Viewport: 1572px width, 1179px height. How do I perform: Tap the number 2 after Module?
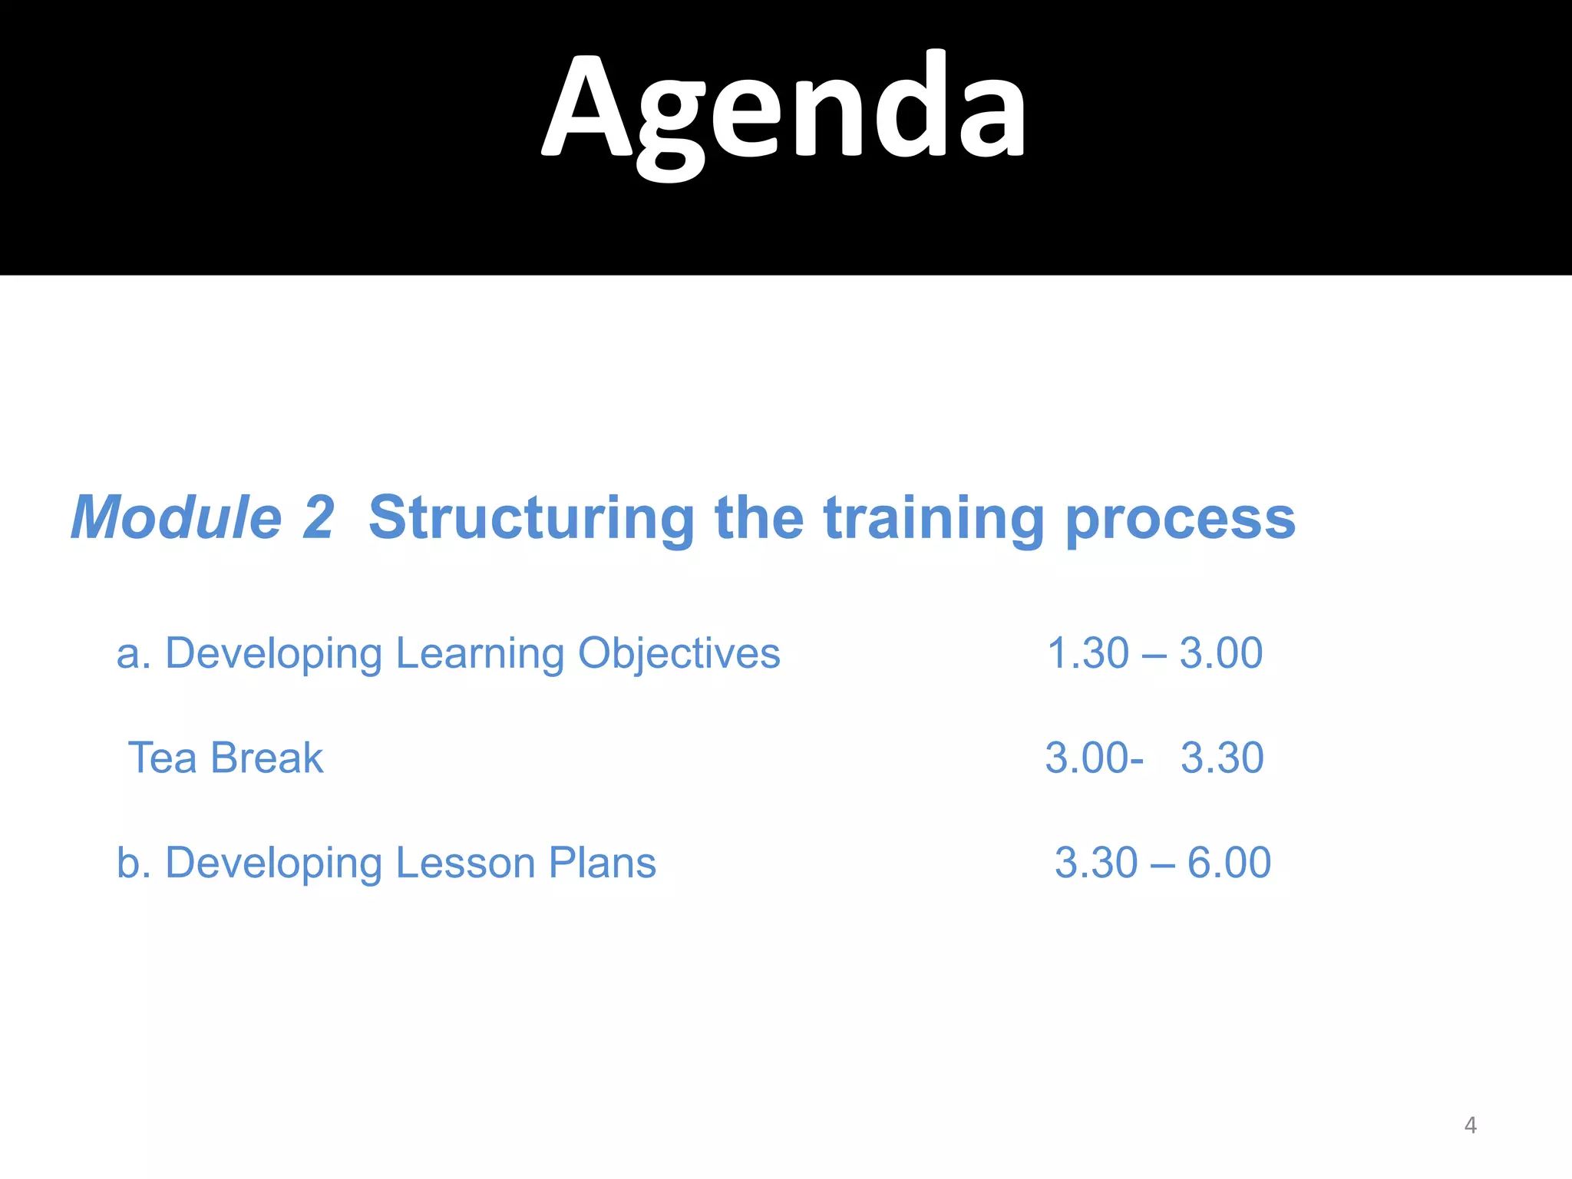(318, 518)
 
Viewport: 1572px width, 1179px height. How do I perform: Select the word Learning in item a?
(480, 655)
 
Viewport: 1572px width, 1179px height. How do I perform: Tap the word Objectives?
(679, 655)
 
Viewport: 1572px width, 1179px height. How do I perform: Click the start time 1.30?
(1088, 654)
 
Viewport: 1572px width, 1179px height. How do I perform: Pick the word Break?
(266, 758)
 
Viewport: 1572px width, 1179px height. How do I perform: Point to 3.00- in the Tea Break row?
(1094, 758)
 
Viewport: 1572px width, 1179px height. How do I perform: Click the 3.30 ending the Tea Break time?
(1222, 758)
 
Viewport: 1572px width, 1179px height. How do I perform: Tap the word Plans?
(603, 863)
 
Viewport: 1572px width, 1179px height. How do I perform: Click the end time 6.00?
(1229, 863)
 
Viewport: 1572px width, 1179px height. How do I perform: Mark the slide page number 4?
(1470, 1125)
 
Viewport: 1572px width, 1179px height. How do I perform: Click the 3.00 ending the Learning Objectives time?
(1220, 654)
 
